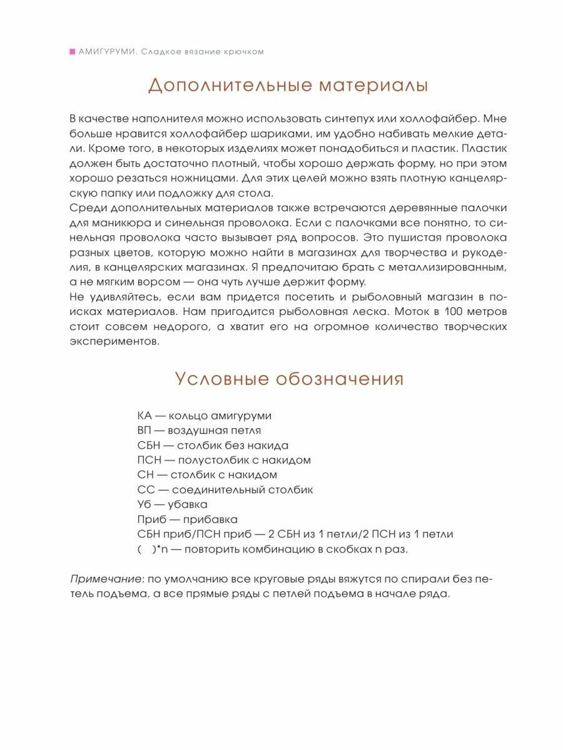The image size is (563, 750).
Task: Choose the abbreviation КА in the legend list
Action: [144, 416]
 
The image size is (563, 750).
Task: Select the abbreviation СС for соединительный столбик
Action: [145, 490]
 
